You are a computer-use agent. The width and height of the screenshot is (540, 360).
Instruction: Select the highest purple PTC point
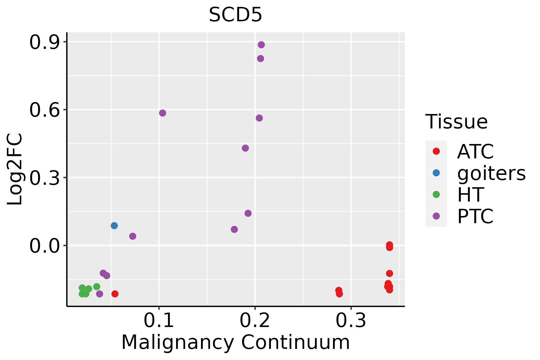tap(261, 45)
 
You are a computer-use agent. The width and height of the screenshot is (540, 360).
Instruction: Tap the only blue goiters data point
tap(114, 226)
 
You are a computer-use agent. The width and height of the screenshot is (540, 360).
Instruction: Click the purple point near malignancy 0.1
tap(163, 113)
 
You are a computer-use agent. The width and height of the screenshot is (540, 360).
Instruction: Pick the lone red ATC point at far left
tap(115, 294)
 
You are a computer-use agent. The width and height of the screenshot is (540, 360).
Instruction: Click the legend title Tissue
tap(457, 122)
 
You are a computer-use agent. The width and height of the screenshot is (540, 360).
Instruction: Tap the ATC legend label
tap(475, 151)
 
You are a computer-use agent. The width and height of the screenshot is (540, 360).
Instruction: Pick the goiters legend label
tap(491, 173)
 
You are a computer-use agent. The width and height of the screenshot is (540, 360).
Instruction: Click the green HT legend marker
tap(436, 194)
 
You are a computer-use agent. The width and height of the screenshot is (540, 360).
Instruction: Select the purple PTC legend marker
tap(436, 216)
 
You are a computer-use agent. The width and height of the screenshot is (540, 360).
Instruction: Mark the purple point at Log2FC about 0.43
tap(245, 148)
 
